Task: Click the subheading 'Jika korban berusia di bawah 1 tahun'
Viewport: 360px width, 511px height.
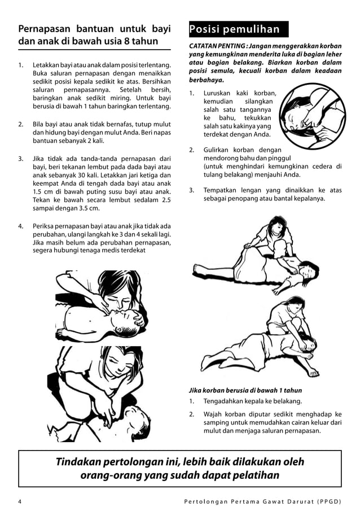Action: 245,390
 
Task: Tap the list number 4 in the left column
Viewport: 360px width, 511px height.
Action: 21,226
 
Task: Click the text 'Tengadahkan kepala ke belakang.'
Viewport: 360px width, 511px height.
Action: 252,401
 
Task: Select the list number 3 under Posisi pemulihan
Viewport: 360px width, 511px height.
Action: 191,190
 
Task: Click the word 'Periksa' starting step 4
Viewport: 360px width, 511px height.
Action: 45,226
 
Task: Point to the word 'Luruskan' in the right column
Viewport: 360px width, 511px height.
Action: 218,93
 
